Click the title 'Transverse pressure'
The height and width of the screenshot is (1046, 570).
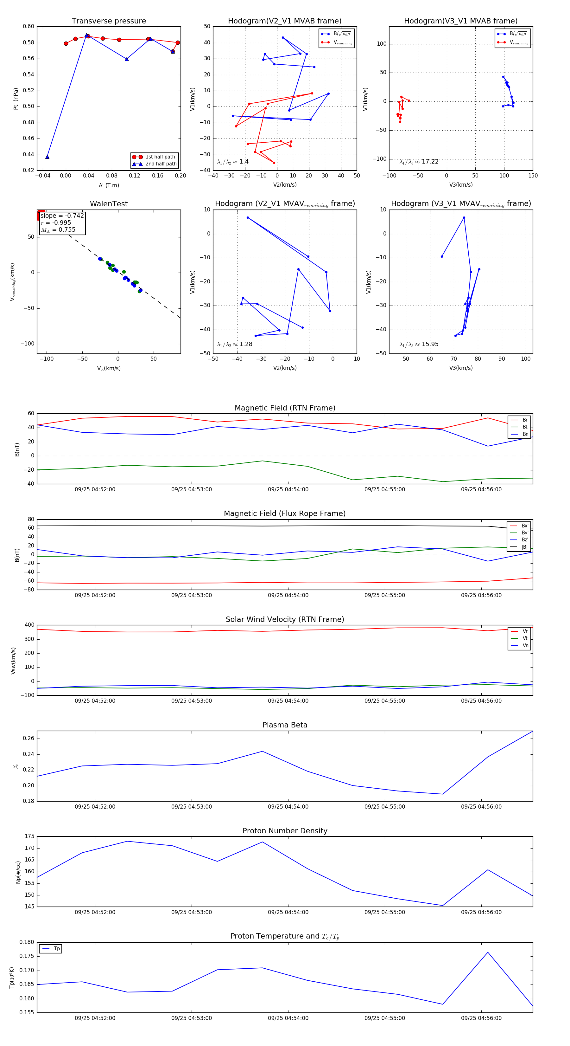(x=109, y=21)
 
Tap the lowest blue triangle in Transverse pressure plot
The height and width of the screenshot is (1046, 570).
(x=47, y=157)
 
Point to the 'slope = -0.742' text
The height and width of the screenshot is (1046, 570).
(x=62, y=216)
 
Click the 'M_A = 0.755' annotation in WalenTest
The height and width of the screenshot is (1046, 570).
(x=58, y=230)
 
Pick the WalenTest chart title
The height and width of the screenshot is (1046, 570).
(x=109, y=204)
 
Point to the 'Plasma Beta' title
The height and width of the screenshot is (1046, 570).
(x=285, y=725)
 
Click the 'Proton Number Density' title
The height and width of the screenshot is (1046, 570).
(x=285, y=831)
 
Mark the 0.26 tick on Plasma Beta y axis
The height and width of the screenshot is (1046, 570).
(x=28, y=738)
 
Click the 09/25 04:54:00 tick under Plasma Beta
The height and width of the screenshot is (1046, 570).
(x=288, y=806)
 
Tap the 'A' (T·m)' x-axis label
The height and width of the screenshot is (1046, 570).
(x=109, y=185)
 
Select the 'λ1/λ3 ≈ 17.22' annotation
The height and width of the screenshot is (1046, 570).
(x=419, y=162)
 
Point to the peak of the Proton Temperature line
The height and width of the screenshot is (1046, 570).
(x=488, y=952)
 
